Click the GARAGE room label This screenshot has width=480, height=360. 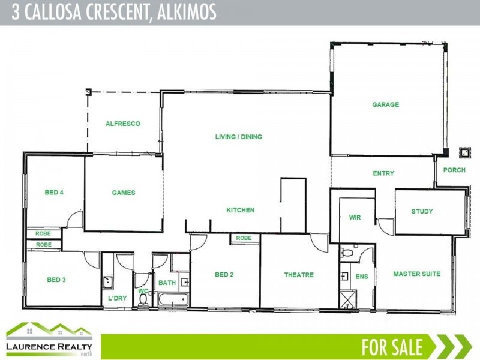click(385, 105)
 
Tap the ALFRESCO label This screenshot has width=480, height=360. click(123, 124)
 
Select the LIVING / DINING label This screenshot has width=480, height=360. click(239, 137)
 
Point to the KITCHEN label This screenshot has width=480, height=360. click(240, 211)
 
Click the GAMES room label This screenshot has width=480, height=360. click(124, 193)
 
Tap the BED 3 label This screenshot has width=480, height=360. click(56, 280)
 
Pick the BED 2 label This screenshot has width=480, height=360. click(224, 275)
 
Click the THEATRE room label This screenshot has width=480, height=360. click(299, 275)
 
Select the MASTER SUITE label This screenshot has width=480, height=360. click(416, 274)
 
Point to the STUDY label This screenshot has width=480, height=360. click(422, 212)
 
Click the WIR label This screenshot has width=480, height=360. click(355, 217)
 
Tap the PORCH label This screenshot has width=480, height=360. click(454, 170)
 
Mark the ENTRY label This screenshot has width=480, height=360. click(383, 173)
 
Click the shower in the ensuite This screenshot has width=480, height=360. click(347, 299)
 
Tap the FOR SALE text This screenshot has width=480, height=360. click(392, 347)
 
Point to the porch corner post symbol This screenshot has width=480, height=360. click(463, 152)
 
